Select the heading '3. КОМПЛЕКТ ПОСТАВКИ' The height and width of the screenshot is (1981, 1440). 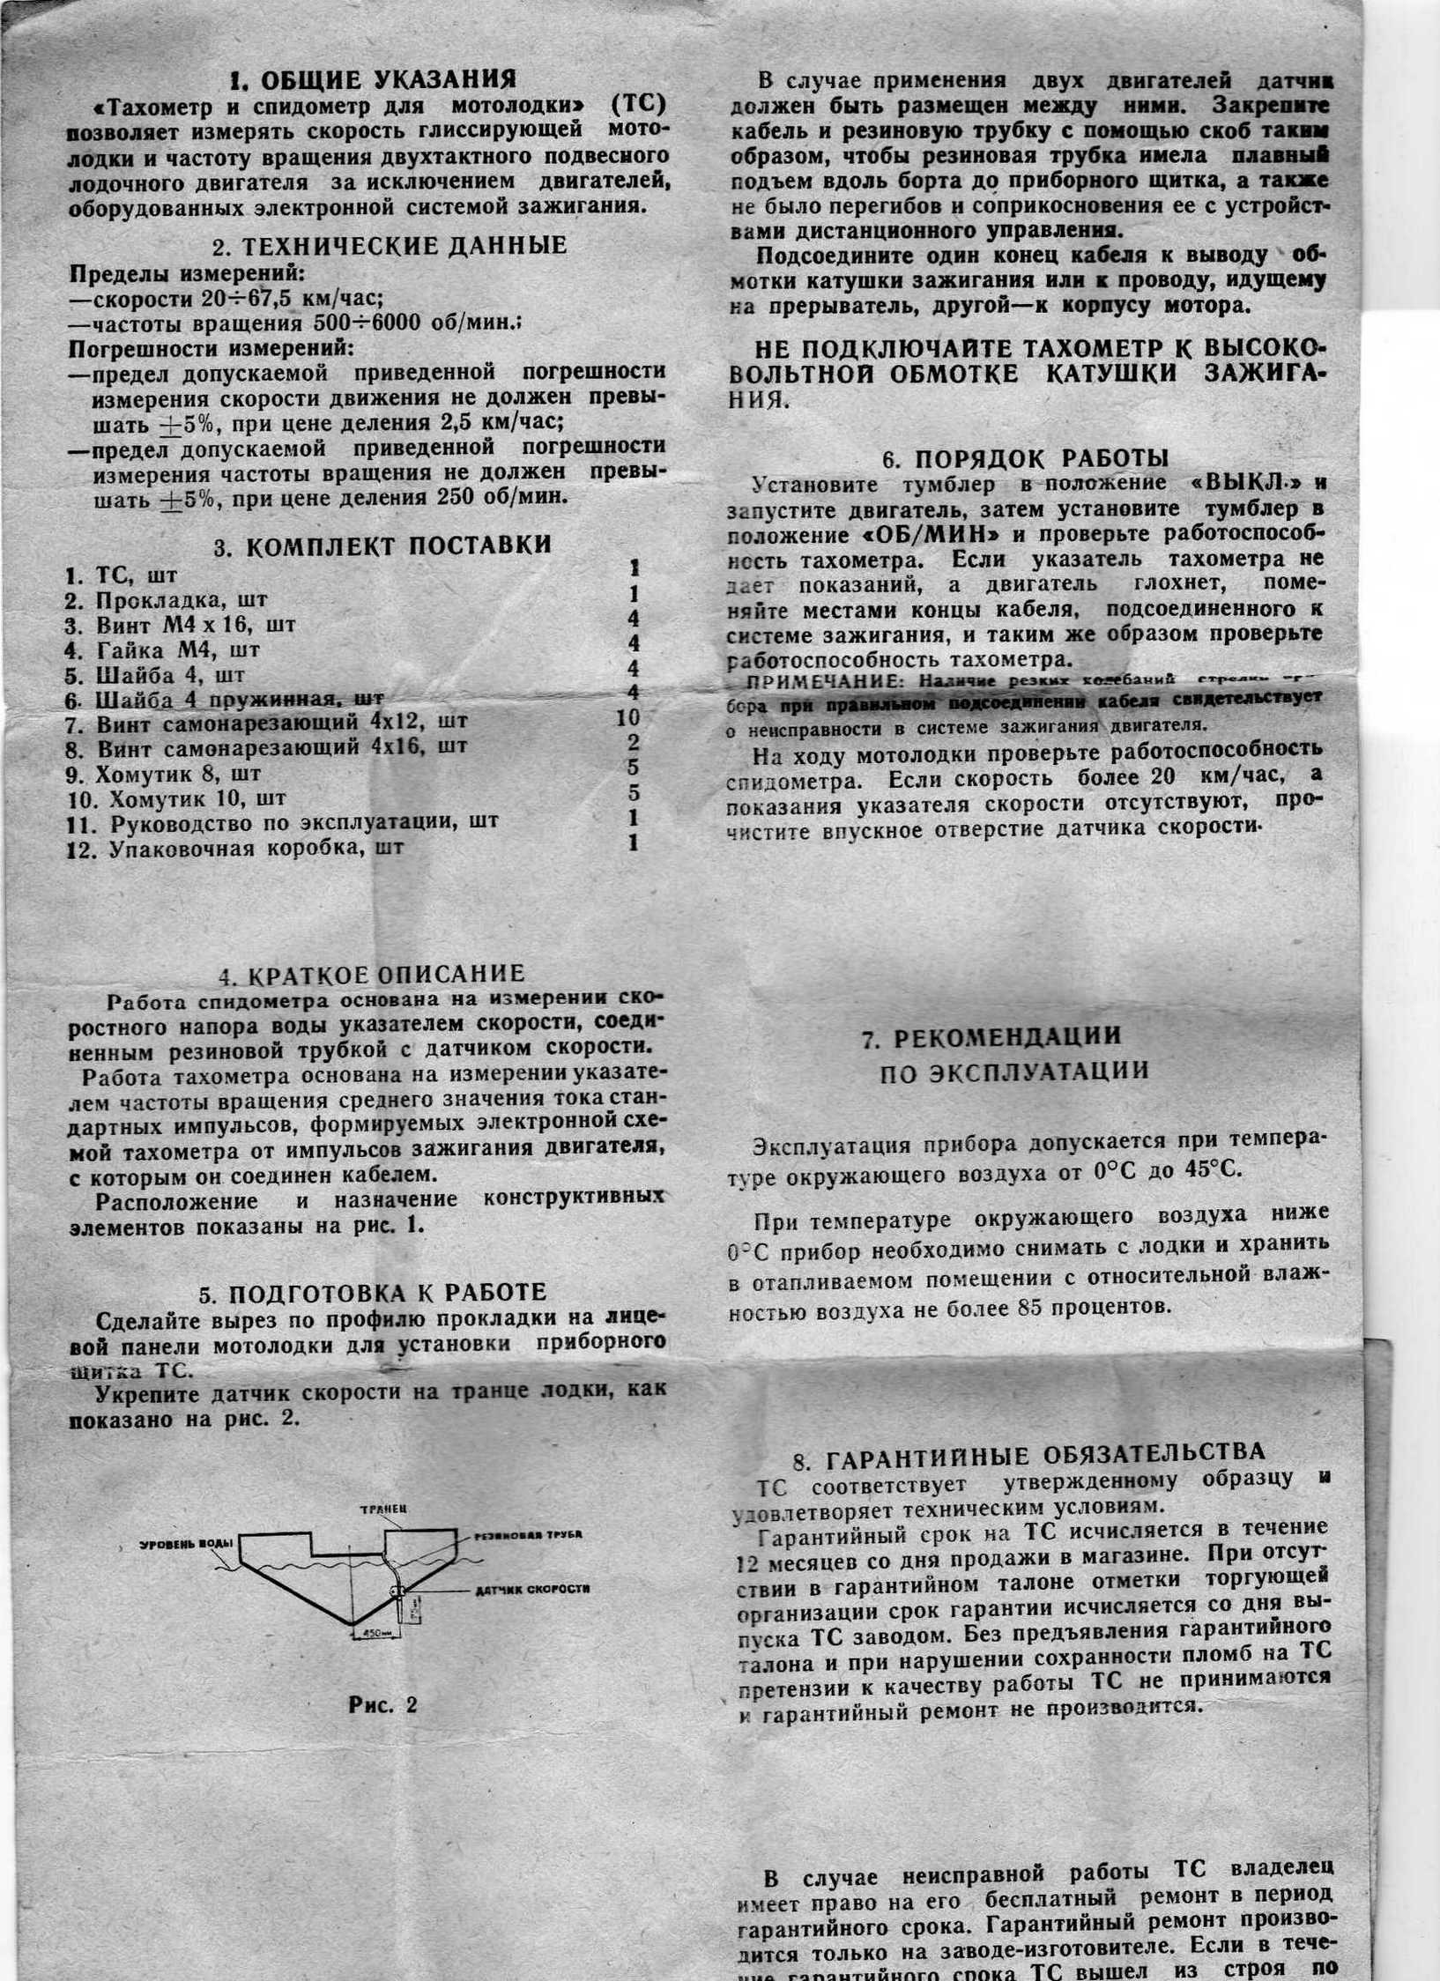point(382,545)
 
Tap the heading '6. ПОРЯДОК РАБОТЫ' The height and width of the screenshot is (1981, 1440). point(1026,458)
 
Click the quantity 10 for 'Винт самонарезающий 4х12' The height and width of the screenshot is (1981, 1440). point(628,717)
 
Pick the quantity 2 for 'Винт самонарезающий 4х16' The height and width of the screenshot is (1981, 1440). point(632,742)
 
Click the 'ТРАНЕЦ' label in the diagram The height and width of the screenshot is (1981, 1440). point(382,1510)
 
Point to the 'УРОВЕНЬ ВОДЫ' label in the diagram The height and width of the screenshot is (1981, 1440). point(186,1544)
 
